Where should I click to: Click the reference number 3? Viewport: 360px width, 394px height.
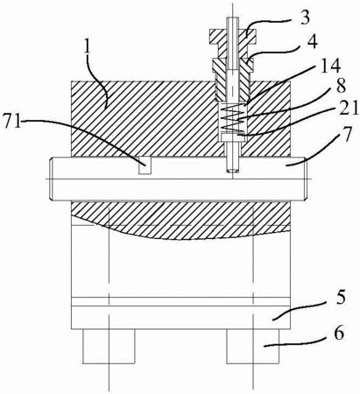(305, 18)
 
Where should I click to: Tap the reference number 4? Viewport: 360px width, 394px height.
(312, 44)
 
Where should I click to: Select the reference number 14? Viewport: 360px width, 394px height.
(332, 67)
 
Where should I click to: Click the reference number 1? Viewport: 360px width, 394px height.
(87, 48)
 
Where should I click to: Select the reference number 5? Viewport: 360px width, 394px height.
(340, 297)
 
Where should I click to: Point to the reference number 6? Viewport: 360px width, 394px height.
(339, 334)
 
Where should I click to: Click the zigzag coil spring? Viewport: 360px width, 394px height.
(233, 118)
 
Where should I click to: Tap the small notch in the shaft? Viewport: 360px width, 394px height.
(145, 165)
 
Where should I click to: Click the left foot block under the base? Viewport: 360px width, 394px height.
(109, 347)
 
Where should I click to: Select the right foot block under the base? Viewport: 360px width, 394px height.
(253, 347)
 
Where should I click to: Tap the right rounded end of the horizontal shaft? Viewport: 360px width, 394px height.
(304, 179)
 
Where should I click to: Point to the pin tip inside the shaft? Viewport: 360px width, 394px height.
(233, 169)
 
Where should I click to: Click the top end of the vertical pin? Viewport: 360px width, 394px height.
(233, 18)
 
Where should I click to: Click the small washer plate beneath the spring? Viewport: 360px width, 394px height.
(233, 137)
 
